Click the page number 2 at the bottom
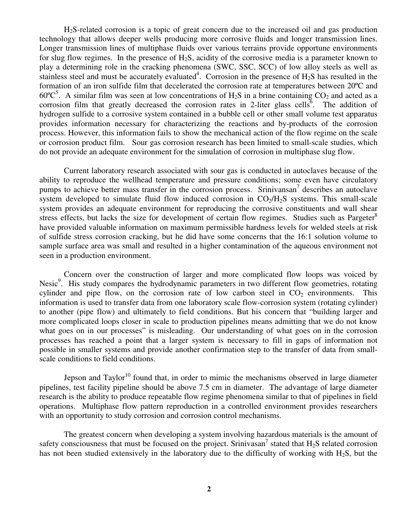coord(209,490)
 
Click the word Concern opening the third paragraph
coord(78,275)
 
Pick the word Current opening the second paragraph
coord(77,171)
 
